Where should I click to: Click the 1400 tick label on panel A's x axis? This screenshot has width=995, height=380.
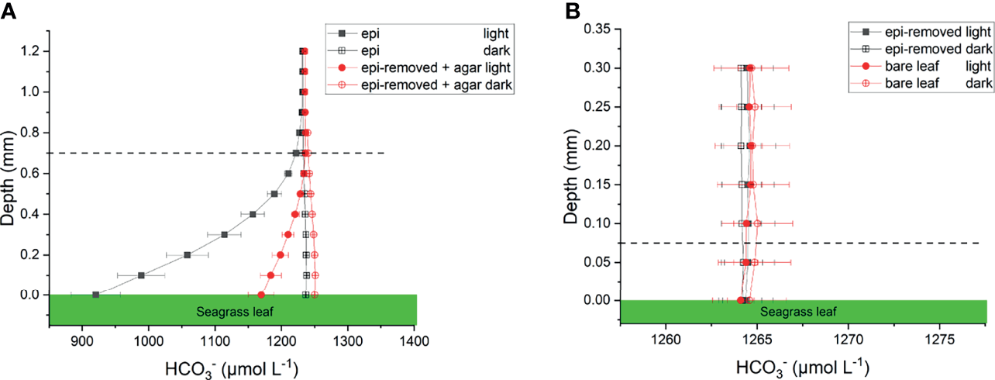(x=414, y=340)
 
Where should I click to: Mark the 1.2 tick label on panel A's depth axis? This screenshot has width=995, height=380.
(x=29, y=51)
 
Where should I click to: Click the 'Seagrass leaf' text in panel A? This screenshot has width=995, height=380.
(x=232, y=311)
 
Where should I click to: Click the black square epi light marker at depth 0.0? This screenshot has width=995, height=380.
(x=95, y=295)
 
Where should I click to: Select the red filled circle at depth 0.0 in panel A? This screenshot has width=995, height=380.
(x=261, y=295)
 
